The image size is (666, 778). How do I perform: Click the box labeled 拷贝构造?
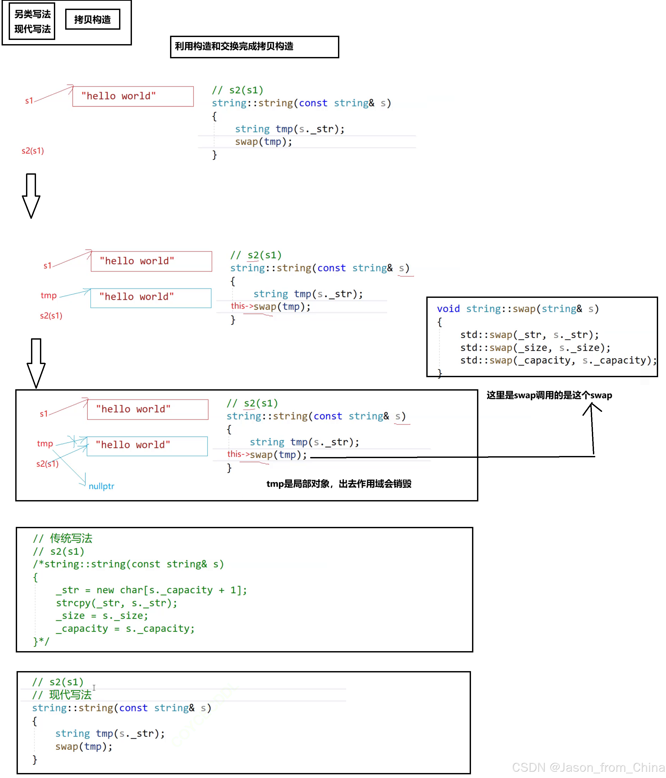[93, 19]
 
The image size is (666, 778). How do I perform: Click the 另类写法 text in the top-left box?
[32, 14]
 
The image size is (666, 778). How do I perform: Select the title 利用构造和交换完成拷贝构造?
[234, 46]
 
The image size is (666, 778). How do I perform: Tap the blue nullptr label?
[101, 486]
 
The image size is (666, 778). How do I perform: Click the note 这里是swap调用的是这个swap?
[549, 395]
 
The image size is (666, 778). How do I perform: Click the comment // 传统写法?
[63, 538]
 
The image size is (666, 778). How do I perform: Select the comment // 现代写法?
[62, 695]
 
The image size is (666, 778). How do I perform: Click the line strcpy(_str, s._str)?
[116, 603]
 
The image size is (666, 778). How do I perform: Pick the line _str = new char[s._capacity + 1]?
[151, 590]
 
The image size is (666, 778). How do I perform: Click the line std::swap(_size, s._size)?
[535, 348]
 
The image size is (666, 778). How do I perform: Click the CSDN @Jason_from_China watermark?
[588, 767]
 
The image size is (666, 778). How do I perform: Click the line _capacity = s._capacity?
[125, 629]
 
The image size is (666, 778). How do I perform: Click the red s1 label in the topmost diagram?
[29, 101]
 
